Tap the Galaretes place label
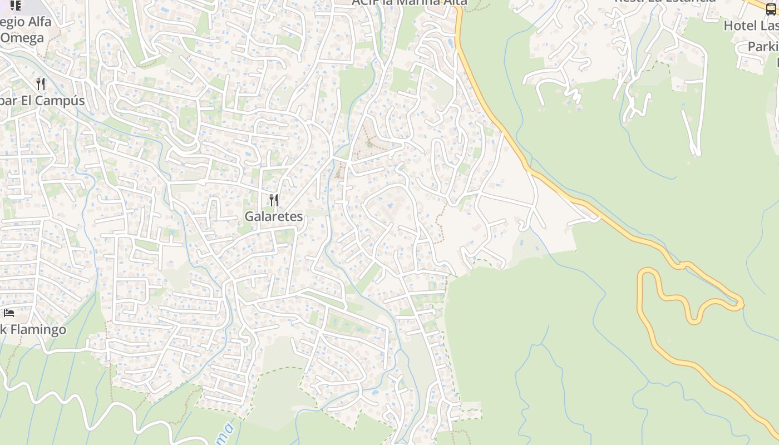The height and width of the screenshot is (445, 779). (x=274, y=216)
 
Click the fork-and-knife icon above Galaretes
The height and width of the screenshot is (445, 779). (x=273, y=200)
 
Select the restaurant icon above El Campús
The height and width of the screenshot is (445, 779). (x=40, y=84)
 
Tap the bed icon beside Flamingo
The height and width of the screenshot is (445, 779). (x=8, y=314)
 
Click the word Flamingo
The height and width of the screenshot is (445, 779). (x=38, y=329)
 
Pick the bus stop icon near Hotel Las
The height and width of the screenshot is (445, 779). (x=771, y=9)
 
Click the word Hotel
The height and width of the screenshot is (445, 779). (x=740, y=26)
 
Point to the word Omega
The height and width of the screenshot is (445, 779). (x=22, y=38)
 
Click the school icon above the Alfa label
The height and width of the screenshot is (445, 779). (x=15, y=6)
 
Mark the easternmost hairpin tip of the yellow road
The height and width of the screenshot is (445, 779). (x=742, y=304)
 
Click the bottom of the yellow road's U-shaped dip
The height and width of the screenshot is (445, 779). (x=693, y=321)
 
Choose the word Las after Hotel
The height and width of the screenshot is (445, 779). (x=768, y=26)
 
